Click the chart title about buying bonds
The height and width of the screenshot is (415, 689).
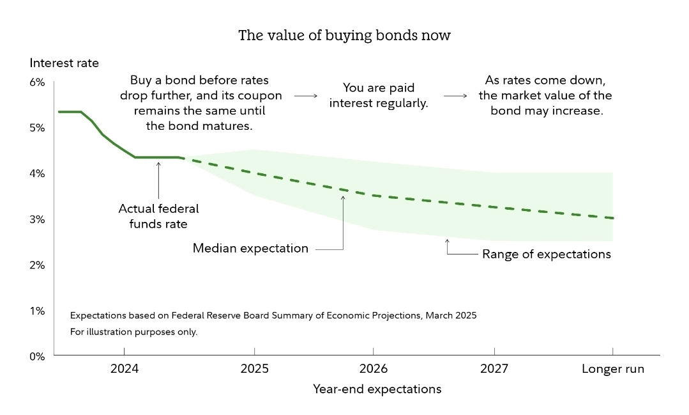coord(344,35)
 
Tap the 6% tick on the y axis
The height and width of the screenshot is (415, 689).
coord(36,82)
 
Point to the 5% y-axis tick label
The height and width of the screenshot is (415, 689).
coord(36,128)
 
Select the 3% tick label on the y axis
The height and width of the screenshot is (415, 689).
coord(36,219)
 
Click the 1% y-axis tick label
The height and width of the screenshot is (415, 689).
coord(36,311)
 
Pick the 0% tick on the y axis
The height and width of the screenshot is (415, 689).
coord(36,356)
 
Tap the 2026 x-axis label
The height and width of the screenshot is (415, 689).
coord(373,369)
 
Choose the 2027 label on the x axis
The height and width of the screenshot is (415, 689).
coord(494,369)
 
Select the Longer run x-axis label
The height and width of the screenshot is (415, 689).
coord(613,369)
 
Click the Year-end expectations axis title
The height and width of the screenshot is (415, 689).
coord(377,389)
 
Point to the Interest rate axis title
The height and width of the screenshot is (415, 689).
coord(64,63)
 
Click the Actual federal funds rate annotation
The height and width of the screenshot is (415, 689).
coord(158,215)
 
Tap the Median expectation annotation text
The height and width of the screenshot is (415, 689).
coord(250,248)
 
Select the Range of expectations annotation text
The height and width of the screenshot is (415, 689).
coord(547,254)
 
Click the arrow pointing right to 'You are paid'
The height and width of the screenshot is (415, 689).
coord(305,96)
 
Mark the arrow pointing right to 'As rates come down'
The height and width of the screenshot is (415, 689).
coord(455,96)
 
